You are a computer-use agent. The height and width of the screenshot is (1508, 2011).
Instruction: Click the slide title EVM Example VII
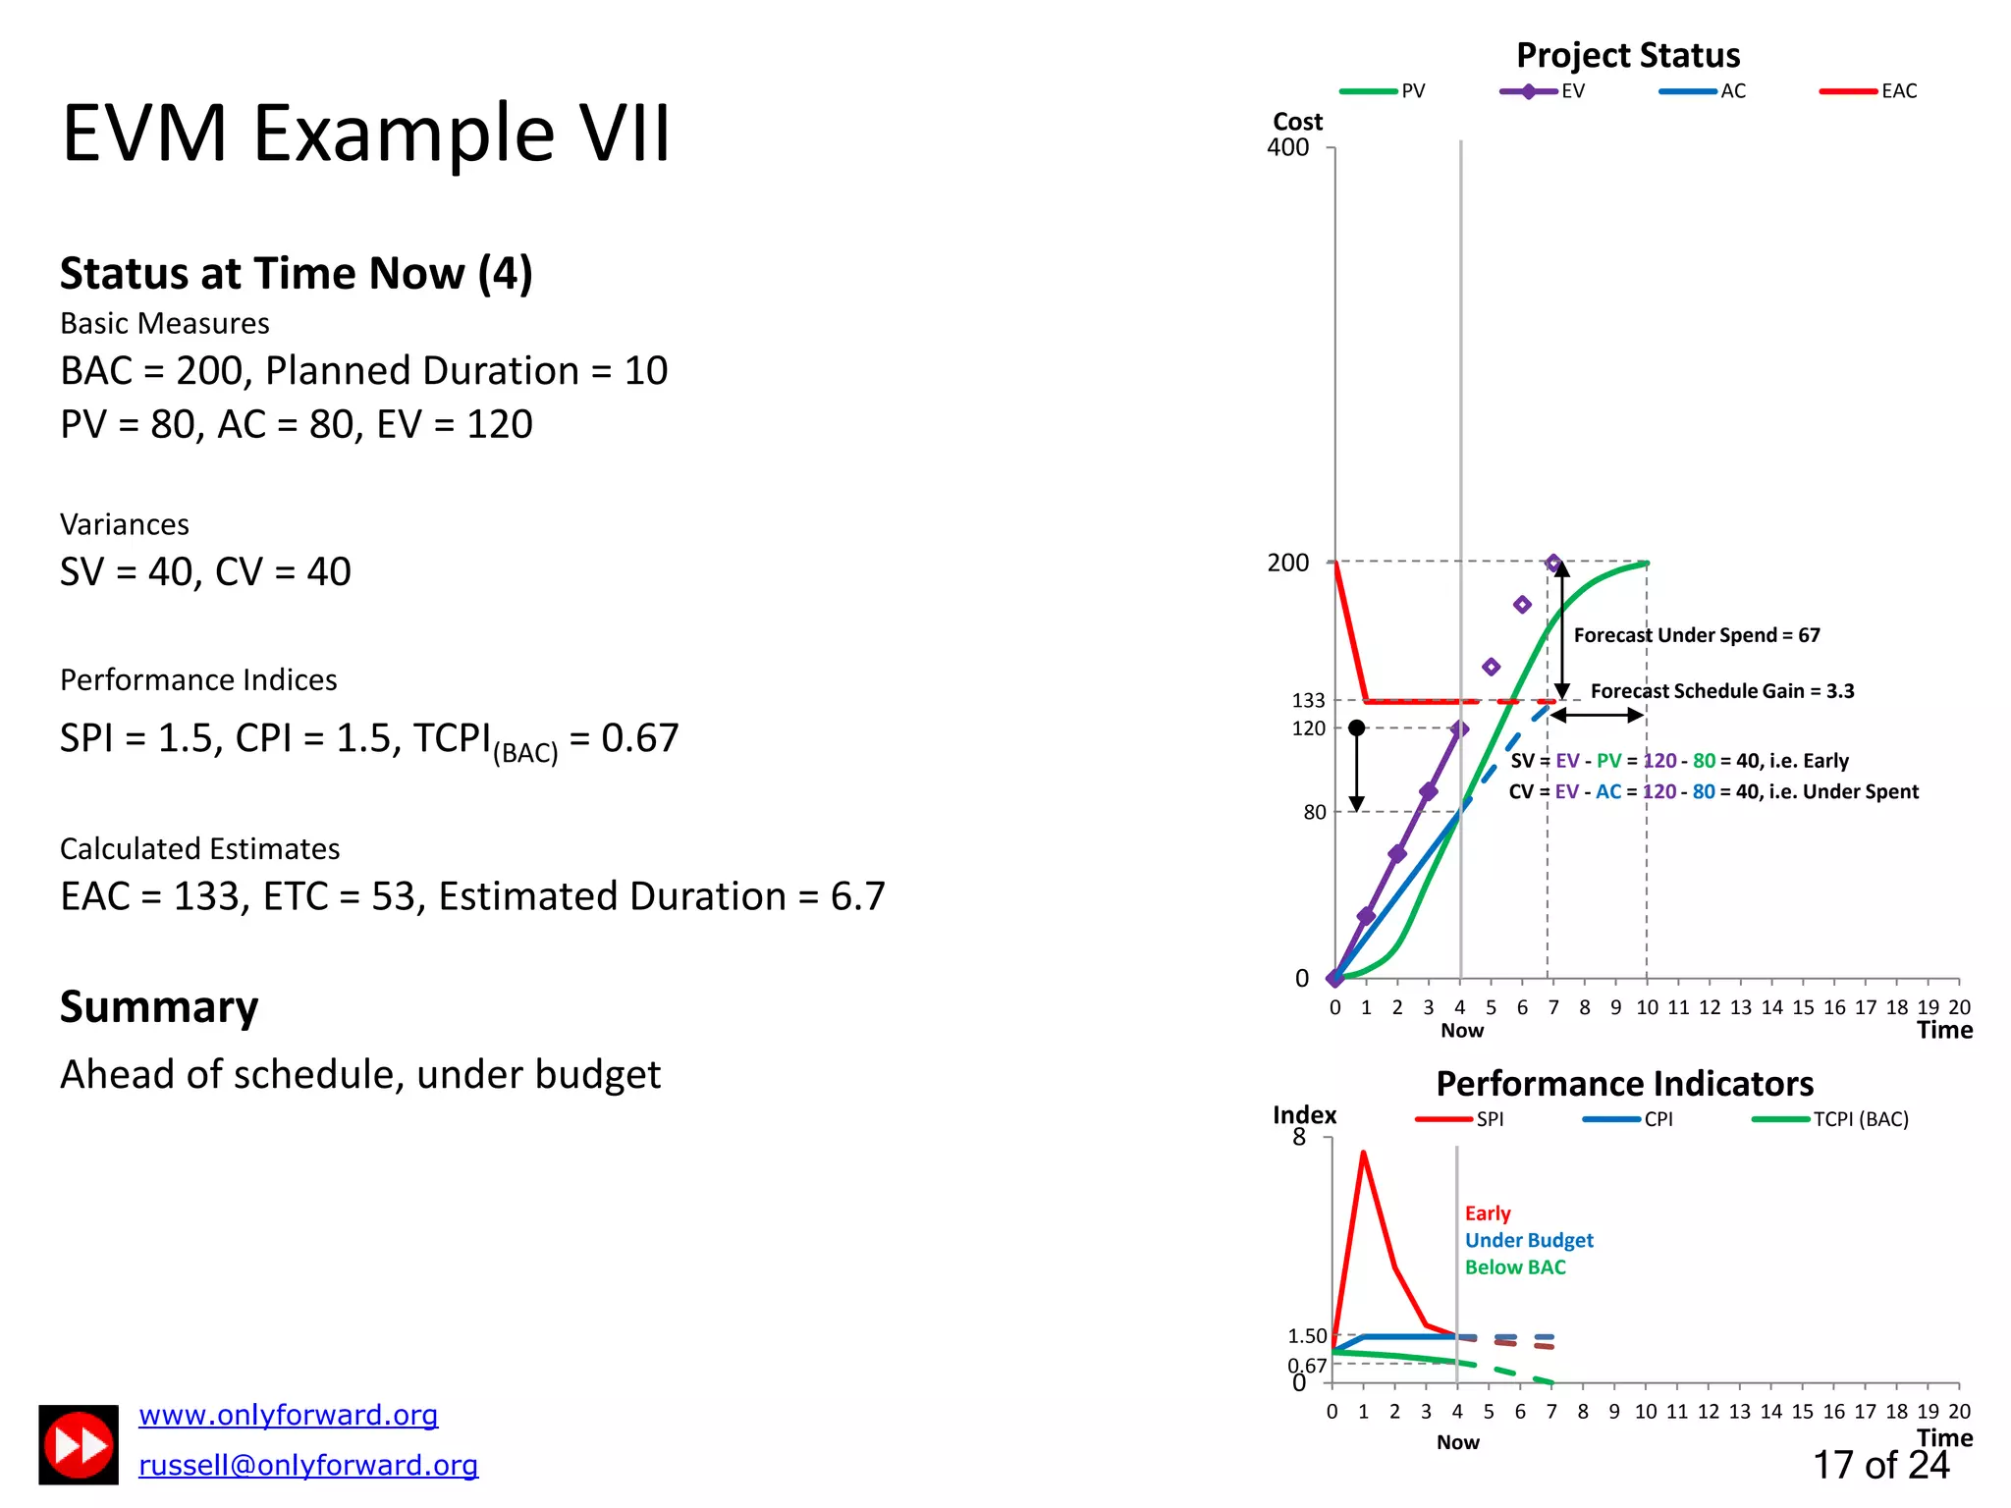coord(365,133)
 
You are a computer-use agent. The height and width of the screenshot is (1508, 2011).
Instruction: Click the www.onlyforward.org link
coord(288,1415)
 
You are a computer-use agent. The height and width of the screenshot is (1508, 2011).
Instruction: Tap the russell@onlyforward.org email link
coord(307,1465)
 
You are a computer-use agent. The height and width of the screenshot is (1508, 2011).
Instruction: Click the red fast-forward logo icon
coord(79,1444)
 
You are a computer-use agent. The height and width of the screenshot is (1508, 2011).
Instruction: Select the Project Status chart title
coord(1627,55)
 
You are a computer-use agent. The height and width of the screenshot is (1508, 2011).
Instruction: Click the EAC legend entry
coord(1869,91)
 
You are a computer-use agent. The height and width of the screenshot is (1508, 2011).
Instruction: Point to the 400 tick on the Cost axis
coord(1287,147)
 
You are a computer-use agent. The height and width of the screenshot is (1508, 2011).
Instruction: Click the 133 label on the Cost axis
coord(1308,700)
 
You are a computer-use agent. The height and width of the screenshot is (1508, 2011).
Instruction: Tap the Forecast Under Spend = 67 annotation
coord(1696,635)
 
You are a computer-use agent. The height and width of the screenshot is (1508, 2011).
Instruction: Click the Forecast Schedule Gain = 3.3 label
coord(1721,691)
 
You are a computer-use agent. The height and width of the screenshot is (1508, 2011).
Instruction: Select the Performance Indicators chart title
coord(1624,1083)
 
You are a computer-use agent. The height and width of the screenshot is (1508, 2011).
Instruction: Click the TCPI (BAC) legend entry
coord(1831,1119)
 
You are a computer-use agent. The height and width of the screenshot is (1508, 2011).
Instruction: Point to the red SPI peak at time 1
coord(1363,1153)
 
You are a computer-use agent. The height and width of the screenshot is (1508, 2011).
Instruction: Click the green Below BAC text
coord(1514,1267)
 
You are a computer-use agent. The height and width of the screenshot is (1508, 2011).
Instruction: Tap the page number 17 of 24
coord(1879,1465)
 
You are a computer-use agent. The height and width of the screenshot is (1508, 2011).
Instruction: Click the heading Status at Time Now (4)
coord(296,273)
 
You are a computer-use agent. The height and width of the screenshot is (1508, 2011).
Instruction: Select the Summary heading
coord(159,1006)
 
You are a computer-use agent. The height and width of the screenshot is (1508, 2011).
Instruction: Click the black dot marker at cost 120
coord(1356,727)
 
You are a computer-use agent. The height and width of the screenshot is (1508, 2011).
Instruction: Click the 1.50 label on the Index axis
coord(1307,1336)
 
